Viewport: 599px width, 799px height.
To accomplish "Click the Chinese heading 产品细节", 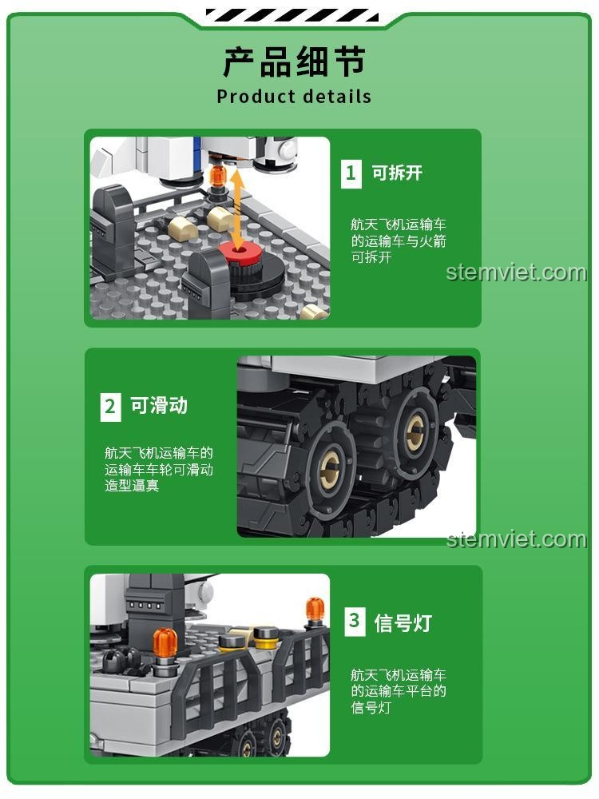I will [x=294, y=62].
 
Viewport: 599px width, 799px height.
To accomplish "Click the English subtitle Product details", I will [x=294, y=97].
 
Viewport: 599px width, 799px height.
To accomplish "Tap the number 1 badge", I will [x=351, y=173].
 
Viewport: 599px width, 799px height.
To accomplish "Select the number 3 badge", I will [x=355, y=622].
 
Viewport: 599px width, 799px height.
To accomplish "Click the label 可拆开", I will [x=397, y=173].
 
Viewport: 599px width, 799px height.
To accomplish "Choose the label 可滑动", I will [x=159, y=406].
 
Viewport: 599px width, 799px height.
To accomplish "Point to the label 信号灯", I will [x=403, y=622].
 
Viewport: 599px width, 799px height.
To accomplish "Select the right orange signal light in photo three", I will [x=315, y=609].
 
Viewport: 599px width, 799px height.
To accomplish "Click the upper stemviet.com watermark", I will [x=516, y=272].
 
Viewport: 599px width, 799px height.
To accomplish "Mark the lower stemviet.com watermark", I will [x=516, y=539].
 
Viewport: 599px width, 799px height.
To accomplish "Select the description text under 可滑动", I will [x=158, y=469].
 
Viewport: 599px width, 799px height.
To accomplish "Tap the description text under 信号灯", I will [x=398, y=690].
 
